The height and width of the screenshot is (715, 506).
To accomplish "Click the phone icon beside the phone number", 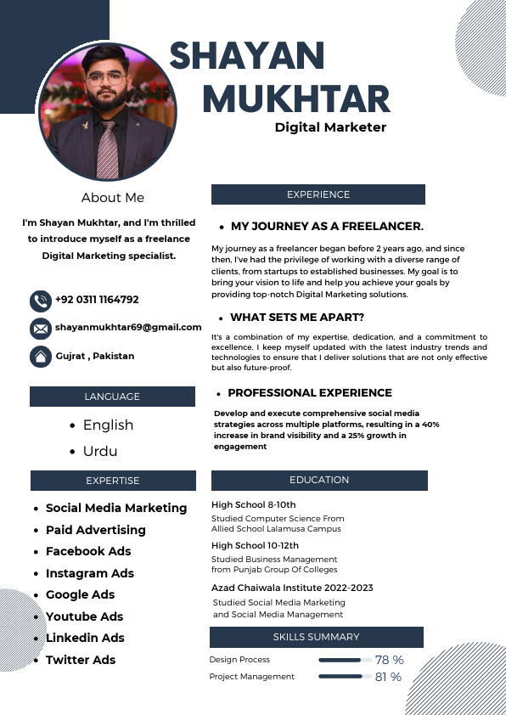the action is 40,301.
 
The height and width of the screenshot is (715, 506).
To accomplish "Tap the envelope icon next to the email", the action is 40,329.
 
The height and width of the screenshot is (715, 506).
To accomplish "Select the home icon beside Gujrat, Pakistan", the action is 40,357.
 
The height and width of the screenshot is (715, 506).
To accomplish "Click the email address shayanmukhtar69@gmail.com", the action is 128,327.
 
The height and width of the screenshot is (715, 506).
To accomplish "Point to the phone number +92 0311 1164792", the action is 97,300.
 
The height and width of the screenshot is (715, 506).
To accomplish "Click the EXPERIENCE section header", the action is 318,194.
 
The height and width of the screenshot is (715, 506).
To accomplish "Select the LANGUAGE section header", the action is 112,397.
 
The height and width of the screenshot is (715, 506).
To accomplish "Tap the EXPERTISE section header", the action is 112,481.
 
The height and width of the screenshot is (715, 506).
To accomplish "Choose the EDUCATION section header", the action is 318,480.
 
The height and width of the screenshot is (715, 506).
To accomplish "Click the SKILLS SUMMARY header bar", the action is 316,637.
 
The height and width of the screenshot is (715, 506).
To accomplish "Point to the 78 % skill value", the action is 389,660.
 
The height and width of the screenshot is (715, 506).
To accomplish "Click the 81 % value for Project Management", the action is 389,677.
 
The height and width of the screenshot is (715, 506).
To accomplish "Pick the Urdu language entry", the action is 100,451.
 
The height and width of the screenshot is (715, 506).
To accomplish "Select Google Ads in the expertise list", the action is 80,594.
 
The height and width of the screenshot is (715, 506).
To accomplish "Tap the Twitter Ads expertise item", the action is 81,660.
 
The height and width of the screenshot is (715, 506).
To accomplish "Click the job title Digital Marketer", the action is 330,127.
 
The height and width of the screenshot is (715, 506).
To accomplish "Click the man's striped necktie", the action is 107,149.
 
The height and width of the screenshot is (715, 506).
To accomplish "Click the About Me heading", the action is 113,198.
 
